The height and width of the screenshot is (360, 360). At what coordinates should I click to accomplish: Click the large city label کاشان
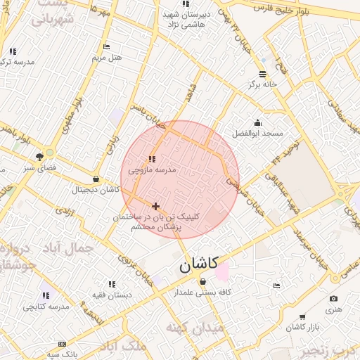coord(195,266)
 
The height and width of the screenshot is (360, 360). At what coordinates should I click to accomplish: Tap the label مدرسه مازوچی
coord(152,170)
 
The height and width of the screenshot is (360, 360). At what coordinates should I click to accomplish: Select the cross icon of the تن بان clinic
coord(155,206)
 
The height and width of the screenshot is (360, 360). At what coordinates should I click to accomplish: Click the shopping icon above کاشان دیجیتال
coord(96,179)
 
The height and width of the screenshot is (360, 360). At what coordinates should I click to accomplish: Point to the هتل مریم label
coord(108,57)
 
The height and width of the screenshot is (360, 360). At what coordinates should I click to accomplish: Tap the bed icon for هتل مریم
coord(107,46)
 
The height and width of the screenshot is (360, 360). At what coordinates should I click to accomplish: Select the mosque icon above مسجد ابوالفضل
coord(258,122)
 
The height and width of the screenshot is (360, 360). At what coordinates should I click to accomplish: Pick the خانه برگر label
coord(263,84)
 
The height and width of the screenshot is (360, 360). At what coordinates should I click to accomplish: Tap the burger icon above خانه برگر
coord(262,73)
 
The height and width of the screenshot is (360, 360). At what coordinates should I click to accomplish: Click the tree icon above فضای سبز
coord(39,157)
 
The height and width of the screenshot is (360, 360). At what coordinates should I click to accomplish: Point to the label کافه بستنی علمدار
coord(205,292)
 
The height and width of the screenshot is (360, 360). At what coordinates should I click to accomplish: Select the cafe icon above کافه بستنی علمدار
coord(203,282)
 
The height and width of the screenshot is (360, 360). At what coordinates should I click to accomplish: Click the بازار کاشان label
coord(304,328)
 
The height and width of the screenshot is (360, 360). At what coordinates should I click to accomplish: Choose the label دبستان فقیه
coord(108,295)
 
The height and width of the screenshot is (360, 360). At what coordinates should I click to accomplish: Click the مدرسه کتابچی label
coord(46,307)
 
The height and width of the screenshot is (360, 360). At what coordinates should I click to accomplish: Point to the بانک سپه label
coord(63,354)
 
